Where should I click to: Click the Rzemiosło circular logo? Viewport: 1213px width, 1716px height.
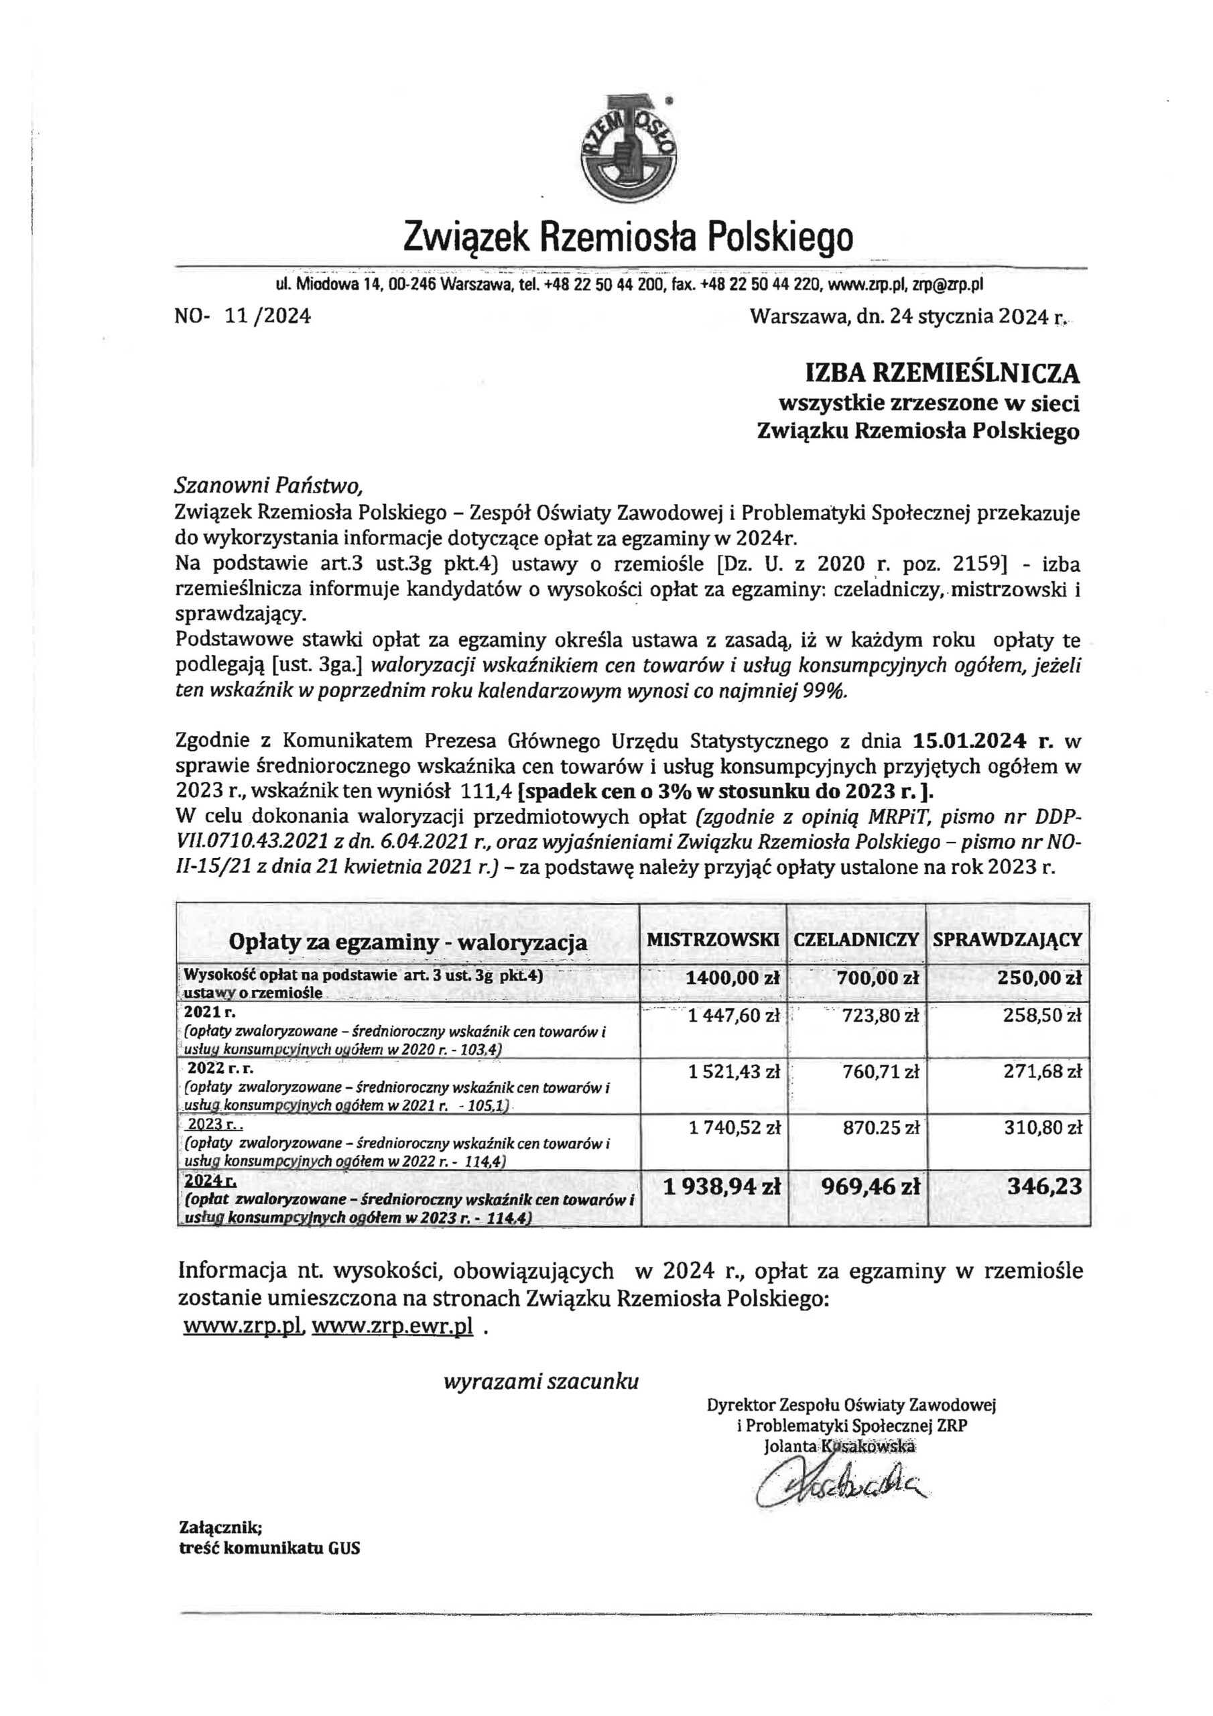pos(629,147)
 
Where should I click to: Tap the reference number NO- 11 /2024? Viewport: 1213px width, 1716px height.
pos(243,317)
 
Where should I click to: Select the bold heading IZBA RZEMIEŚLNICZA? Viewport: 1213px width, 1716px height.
pos(941,373)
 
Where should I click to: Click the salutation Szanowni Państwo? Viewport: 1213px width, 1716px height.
pos(268,487)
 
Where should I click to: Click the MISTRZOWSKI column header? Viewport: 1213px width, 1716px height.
pos(713,940)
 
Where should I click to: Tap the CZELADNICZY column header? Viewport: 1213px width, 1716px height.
pos(856,940)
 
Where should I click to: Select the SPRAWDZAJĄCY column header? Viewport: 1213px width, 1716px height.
pos(1007,940)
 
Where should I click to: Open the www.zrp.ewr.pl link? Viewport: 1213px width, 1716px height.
pos(392,1327)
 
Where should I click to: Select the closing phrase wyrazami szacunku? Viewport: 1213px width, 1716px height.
pos(542,1381)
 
